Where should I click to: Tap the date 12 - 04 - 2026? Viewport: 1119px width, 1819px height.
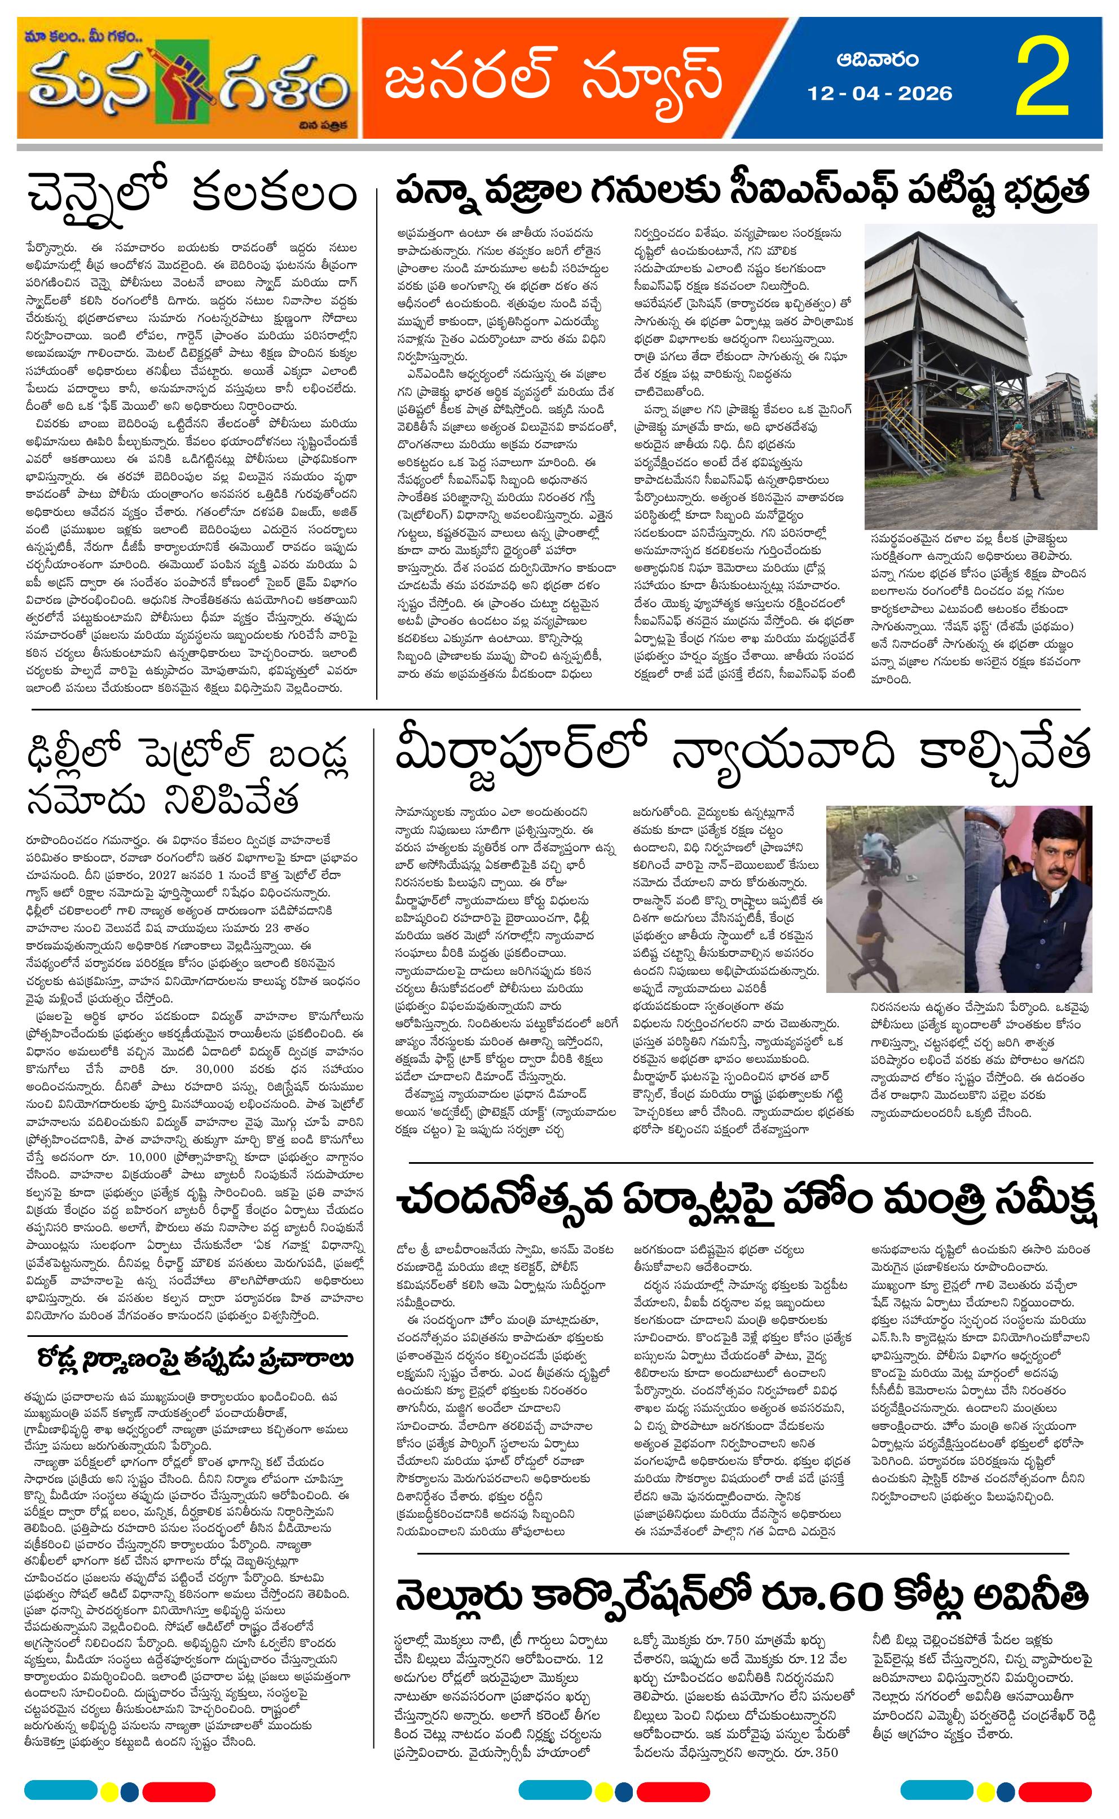coord(880,93)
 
